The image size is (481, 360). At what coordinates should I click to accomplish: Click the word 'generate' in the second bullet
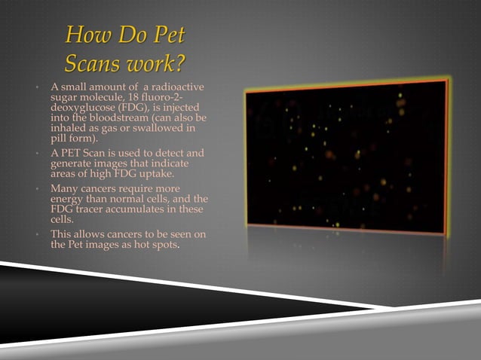(x=72, y=163)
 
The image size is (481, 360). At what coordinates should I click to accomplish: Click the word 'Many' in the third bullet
(x=63, y=188)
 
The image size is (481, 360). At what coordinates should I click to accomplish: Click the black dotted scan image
(x=346, y=155)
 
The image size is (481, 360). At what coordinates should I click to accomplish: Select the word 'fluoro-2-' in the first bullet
(x=179, y=99)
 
